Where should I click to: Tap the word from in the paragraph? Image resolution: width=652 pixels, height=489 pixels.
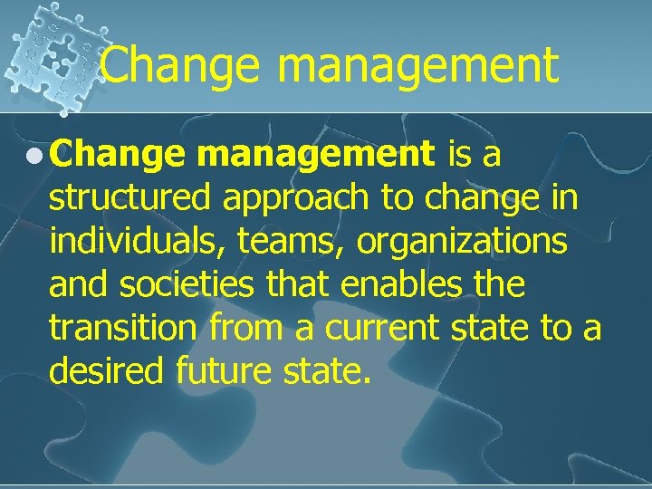[239, 329]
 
